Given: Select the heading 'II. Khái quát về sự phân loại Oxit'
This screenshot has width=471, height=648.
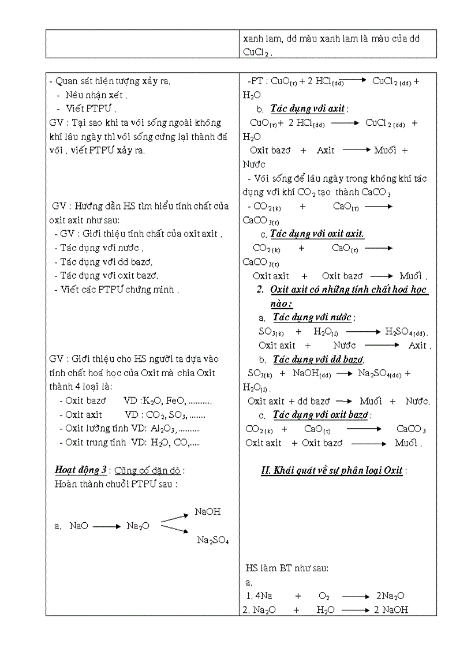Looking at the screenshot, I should (332, 470).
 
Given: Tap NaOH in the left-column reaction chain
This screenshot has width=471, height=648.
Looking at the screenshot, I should (208, 511).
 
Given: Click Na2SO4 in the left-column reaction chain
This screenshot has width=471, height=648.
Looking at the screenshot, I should (213, 540).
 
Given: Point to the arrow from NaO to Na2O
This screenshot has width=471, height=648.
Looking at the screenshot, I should (107, 526).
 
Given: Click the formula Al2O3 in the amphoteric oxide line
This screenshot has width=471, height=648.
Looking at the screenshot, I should (163, 429).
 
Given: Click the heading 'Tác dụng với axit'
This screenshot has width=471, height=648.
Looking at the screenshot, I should (309, 108).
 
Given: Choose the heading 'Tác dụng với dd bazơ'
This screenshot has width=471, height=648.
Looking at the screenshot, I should (317, 359).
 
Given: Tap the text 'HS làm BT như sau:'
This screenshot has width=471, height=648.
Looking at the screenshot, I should (287, 568).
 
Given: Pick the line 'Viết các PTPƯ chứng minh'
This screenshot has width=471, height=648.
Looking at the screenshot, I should (119, 290).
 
